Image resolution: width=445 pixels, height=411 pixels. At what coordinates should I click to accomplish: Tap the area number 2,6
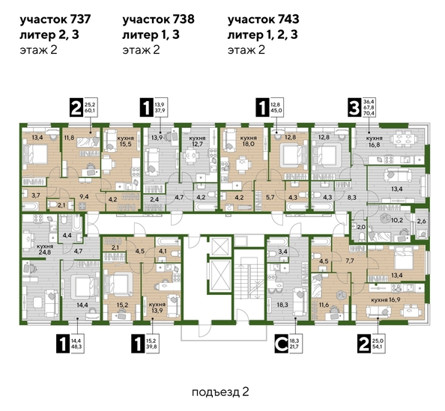point(420,222)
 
